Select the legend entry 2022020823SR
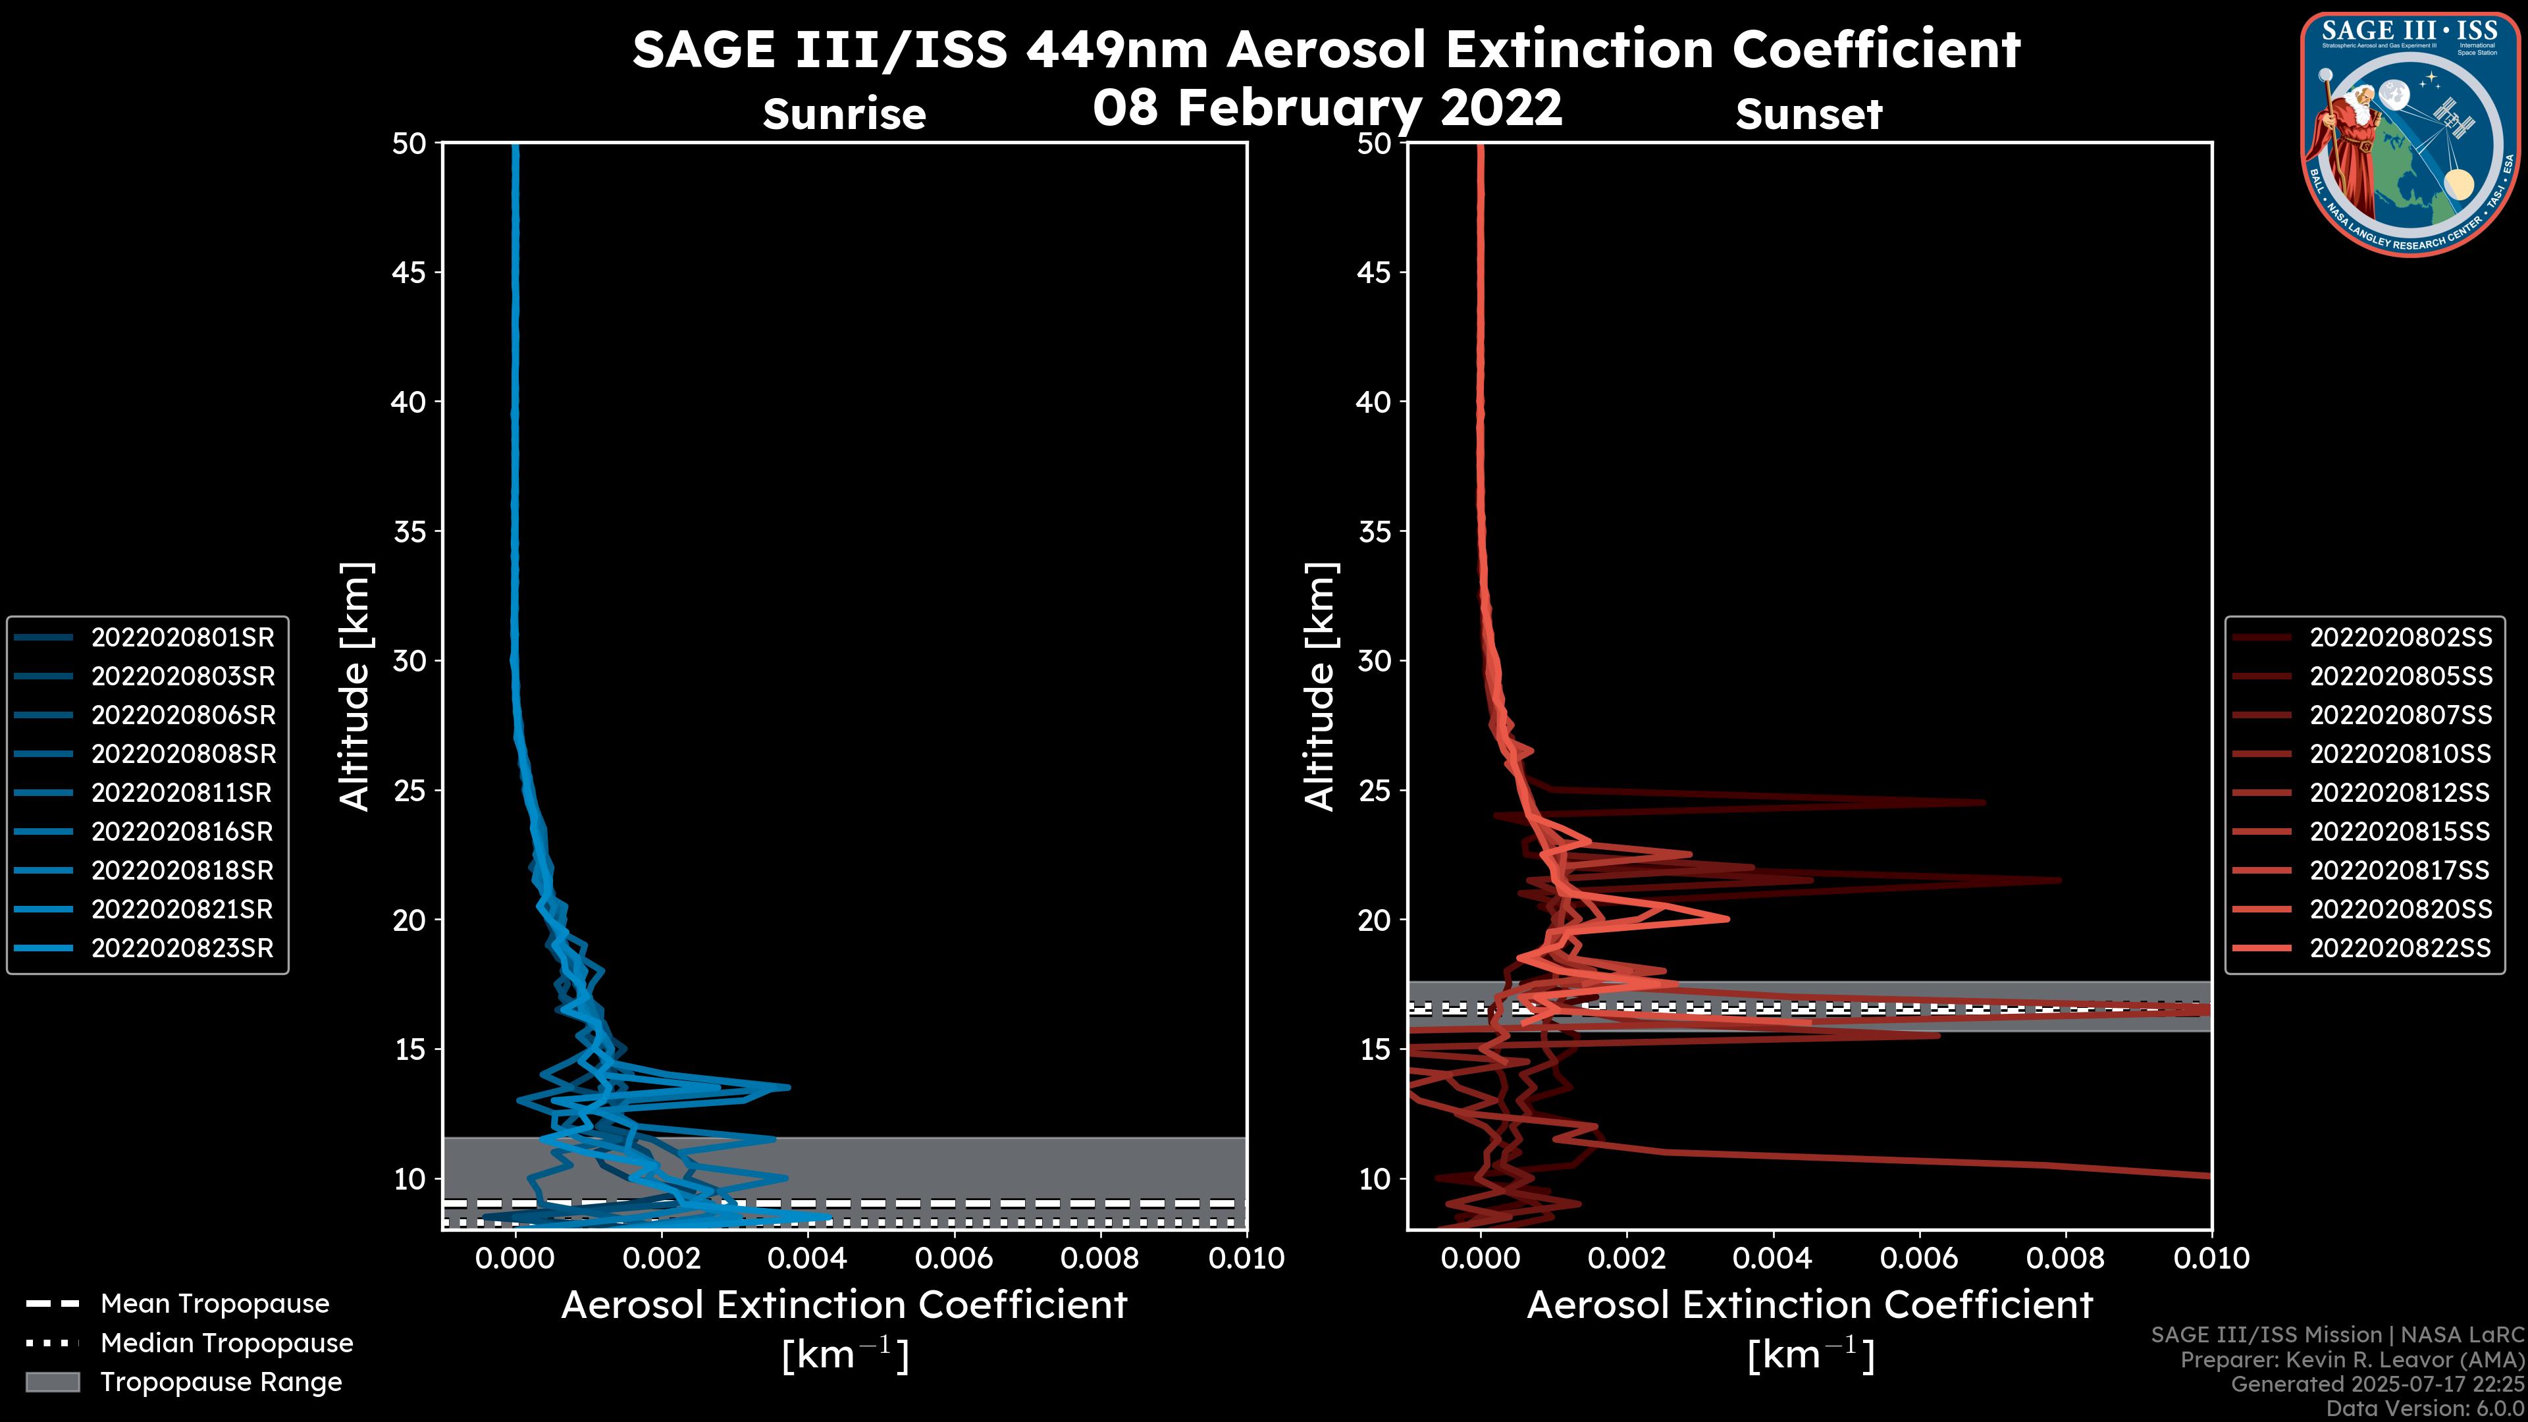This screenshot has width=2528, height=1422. coord(182,949)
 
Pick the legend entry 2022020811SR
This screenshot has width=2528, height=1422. coord(182,793)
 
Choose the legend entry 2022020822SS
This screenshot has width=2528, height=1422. coord(2400,949)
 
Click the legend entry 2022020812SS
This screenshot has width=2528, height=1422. coord(2400,793)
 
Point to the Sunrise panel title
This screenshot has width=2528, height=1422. coord(844,115)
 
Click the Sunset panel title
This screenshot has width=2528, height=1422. coord(1808,115)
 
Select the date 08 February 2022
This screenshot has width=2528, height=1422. coord(1327,107)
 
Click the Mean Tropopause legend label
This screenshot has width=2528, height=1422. coord(215,1304)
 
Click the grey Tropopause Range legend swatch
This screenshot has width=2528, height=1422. coord(52,1382)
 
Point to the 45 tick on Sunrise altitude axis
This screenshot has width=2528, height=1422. coord(409,273)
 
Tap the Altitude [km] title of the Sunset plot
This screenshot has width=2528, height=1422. coord(1320,687)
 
